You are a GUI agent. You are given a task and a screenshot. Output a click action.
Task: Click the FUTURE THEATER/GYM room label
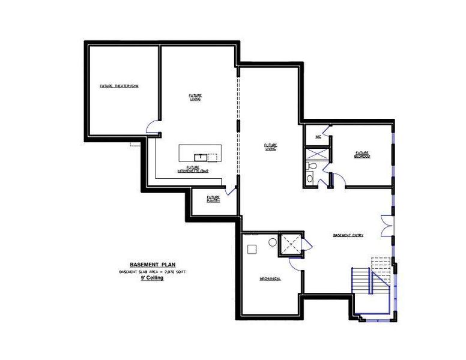(119, 86)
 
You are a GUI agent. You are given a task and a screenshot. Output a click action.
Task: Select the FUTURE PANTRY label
(213, 199)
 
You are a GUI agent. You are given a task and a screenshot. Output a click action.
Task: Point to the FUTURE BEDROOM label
(362, 154)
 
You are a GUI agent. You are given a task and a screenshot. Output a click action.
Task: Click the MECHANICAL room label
(270, 279)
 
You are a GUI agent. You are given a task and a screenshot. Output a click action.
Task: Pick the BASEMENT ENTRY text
(348, 235)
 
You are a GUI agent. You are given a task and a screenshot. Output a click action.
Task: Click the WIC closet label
(318, 137)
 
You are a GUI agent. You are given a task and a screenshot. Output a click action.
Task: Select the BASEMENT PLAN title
(152, 265)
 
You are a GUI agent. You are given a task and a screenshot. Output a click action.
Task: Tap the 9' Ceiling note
(152, 278)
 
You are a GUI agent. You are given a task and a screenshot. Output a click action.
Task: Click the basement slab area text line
(152, 272)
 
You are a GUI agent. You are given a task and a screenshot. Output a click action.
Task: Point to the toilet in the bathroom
(310, 178)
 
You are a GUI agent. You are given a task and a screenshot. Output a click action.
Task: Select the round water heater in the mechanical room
(272, 242)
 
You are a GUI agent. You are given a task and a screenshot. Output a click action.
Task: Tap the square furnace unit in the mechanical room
(252, 247)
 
